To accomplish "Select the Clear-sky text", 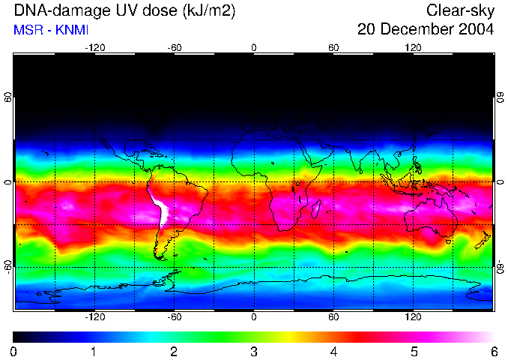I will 460,10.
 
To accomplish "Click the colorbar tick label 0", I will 14,351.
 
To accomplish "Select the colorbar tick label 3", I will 254,351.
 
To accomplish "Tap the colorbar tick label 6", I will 493,351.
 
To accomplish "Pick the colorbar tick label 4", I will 333,351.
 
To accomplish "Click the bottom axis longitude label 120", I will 413,316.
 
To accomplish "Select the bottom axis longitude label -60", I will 175,316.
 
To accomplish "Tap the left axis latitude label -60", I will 7,266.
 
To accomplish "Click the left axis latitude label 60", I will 7,97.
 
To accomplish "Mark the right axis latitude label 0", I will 501,182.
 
